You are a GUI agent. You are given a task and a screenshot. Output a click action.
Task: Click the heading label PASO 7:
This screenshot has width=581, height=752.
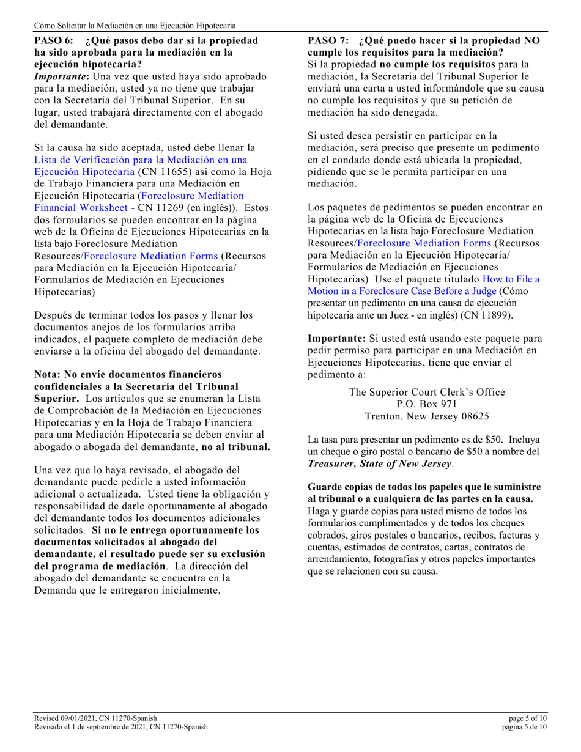point(328,41)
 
